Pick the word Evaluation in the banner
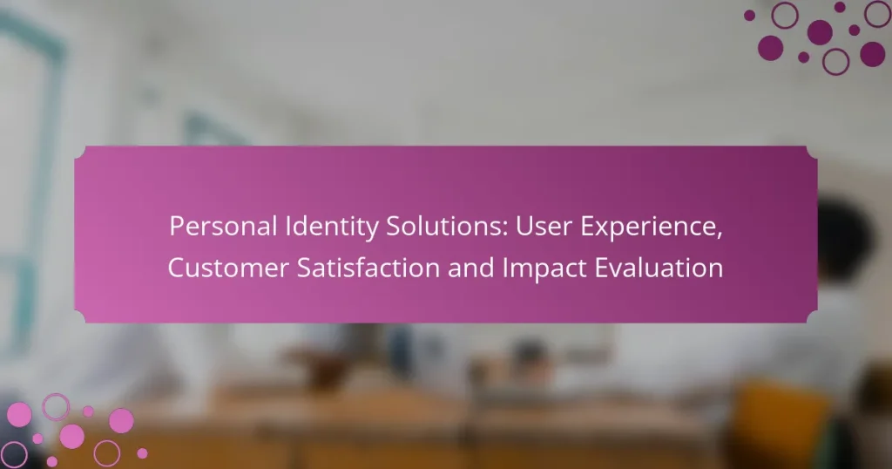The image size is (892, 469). pyautogui.click(x=659, y=268)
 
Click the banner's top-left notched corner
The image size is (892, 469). pyautogui.click(x=80, y=152)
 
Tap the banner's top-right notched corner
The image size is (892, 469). pyautogui.click(x=812, y=152)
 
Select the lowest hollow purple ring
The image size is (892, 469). pyautogui.click(x=835, y=60)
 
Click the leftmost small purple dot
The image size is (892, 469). pyautogui.click(x=749, y=15)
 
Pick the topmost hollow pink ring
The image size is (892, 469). pyautogui.click(x=57, y=405)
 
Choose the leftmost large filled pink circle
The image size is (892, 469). pyautogui.click(x=18, y=414)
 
